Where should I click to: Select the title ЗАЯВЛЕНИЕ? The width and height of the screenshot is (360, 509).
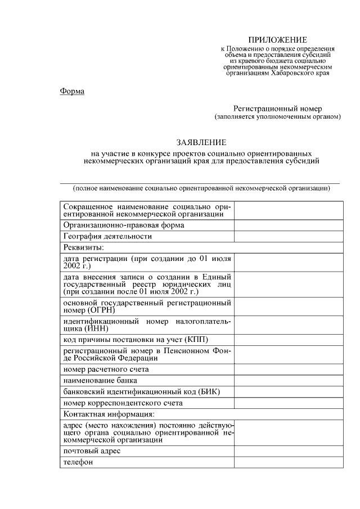tap(201, 143)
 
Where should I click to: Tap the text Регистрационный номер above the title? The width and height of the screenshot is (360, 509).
tap(278, 109)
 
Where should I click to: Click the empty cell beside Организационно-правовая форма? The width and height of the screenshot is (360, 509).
tap(289, 225)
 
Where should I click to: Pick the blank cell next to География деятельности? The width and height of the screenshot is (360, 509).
tap(289, 237)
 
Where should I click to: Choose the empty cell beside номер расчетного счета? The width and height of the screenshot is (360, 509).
tap(289, 370)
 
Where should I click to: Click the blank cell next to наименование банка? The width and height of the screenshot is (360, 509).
tap(289, 381)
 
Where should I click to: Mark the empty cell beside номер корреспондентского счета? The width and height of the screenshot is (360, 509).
tap(289, 403)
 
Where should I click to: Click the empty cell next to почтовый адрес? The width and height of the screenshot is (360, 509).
tap(289, 451)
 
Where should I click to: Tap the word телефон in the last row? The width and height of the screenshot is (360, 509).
tap(78, 462)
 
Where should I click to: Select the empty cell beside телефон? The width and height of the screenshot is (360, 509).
tap(289, 462)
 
